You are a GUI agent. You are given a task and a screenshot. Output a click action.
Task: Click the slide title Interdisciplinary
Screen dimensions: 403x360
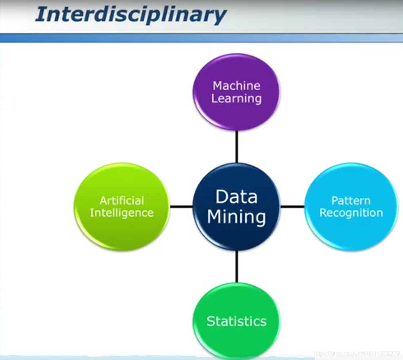coord(130,15)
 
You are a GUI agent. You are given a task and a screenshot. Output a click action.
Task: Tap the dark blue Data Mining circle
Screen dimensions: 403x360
coord(236,234)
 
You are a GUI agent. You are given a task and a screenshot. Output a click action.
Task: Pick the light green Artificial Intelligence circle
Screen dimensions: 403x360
coord(122,230)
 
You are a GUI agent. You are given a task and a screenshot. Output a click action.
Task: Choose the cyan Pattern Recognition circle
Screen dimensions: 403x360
coord(351,230)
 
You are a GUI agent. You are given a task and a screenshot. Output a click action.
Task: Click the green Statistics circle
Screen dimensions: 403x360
coord(236,340)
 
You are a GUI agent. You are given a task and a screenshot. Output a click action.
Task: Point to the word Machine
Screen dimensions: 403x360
coord(236,86)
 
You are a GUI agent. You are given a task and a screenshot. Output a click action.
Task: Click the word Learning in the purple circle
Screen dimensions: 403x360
coord(236,99)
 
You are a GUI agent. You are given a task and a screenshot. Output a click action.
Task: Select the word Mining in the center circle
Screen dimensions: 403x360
coord(236,217)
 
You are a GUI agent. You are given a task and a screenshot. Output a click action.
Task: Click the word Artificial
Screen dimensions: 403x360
coord(122,200)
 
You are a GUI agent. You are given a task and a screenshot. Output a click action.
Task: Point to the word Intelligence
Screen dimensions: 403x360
coord(122,213)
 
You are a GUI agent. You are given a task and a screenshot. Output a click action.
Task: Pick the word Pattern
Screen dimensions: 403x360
coord(351,200)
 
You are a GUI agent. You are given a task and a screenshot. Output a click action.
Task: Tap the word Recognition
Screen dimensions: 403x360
coord(351,213)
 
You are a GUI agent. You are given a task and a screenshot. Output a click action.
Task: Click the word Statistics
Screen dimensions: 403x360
coord(236,321)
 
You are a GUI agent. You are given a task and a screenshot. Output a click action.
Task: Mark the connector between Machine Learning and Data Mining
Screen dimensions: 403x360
coord(236,147)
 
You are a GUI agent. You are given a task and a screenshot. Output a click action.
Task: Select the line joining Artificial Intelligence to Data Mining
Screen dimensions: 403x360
coord(181,206)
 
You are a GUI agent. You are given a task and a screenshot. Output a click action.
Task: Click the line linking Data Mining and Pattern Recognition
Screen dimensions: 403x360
coord(292,206)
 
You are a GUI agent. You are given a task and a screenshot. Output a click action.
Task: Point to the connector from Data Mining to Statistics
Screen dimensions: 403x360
coord(236,266)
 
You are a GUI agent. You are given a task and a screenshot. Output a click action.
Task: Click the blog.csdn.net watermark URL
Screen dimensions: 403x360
coord(357,353)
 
